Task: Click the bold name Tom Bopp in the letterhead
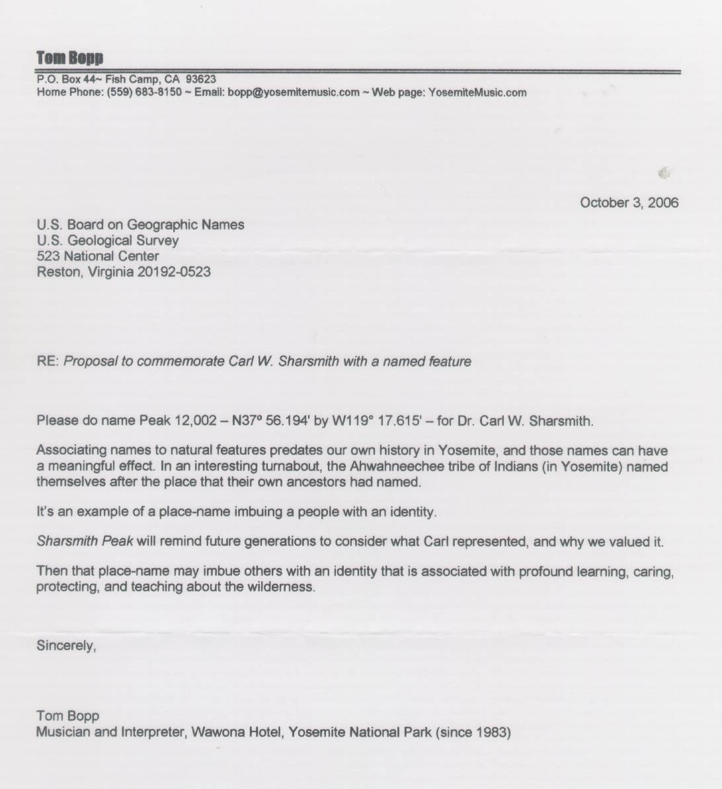pos(69,58)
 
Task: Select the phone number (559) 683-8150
pos(143,93)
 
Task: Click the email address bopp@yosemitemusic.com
pos(294,93)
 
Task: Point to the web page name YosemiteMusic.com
pos(477,93)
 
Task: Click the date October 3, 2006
pos(629,202)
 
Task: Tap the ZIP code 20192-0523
pos(174,272)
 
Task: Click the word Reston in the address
pos(56,272)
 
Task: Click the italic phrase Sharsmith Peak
pos(85,542)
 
